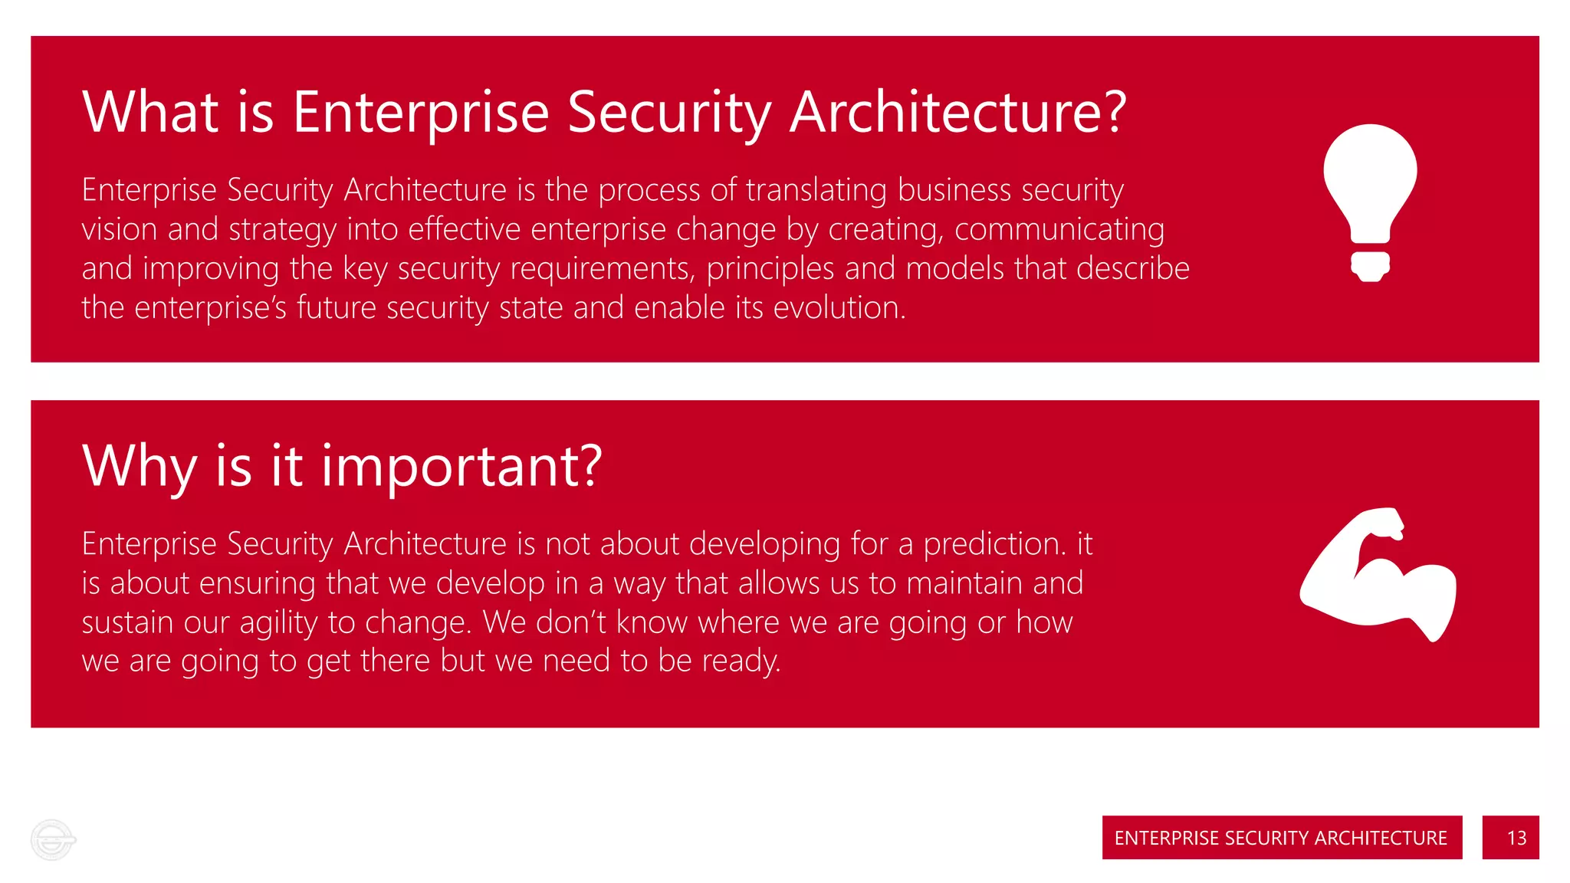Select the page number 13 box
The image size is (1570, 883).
point(1509,837)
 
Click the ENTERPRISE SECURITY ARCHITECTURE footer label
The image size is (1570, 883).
point(1281,837)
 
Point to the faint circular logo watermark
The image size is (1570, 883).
point(52,840)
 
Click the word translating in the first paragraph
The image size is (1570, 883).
point(816,190)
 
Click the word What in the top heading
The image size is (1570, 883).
point(150,112)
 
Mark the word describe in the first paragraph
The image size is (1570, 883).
point(1132,269)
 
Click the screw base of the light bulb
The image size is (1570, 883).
point(1370,266)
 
